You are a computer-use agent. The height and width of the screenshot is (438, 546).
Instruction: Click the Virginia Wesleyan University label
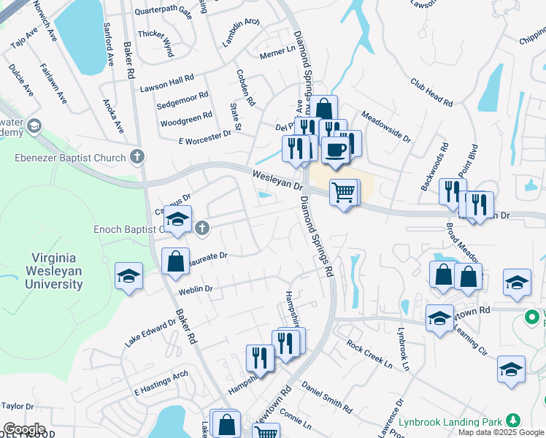coord(56,271)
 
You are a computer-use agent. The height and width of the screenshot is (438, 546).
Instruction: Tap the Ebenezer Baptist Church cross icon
coord(136,157)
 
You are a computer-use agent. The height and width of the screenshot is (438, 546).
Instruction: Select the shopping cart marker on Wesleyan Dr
coord(344,193)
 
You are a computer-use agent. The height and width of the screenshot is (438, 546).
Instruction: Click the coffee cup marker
coord(335,150)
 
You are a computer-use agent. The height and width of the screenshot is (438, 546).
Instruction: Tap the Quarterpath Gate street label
coord(164,12)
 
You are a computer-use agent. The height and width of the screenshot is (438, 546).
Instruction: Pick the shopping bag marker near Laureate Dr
coord(176,261)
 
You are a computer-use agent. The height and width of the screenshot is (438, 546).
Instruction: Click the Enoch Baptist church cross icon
coord(203,229)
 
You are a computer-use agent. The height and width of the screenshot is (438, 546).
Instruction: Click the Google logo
coord(24,429)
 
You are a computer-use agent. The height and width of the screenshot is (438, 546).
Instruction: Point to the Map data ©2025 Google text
coord(501,432)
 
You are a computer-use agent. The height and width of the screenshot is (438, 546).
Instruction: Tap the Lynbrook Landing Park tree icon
coord(514,420)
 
